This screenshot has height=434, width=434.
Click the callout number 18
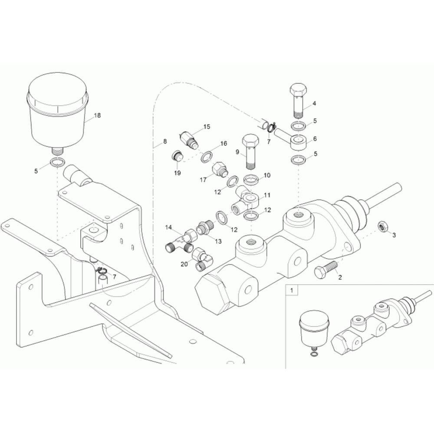(x=97, y=115)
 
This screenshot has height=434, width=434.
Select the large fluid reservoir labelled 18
(x=58, y=113)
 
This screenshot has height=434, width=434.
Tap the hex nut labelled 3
(x=382, y=226)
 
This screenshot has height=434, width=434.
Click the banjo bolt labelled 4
(x=298, y=100)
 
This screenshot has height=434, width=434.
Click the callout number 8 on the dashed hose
(x=165, y=141)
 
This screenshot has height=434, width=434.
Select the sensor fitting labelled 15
(x=189, y=139)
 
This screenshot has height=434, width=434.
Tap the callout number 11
(x=267, y=195)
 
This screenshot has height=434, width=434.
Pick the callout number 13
(x=218, y=241)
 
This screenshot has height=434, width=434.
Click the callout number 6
(x=314, y=139)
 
